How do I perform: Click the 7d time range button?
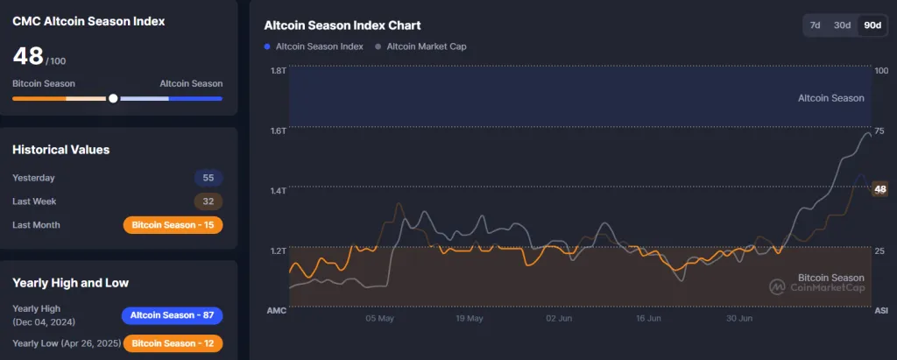815,25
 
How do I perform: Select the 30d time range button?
842,25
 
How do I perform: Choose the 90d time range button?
872,25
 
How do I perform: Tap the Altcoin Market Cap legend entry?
420,46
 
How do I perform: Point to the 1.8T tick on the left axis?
279,70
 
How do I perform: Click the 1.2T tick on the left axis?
279,251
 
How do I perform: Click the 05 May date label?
379,319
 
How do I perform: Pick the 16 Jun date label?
649,319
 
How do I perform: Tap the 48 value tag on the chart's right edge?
880,188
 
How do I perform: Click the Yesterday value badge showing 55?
208,178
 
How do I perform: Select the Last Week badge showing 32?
208,201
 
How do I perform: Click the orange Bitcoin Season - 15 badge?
173,225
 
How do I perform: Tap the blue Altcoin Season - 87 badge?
172,315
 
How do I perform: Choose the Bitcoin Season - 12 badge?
173,342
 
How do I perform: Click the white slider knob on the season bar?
113,98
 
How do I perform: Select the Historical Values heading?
60,150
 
